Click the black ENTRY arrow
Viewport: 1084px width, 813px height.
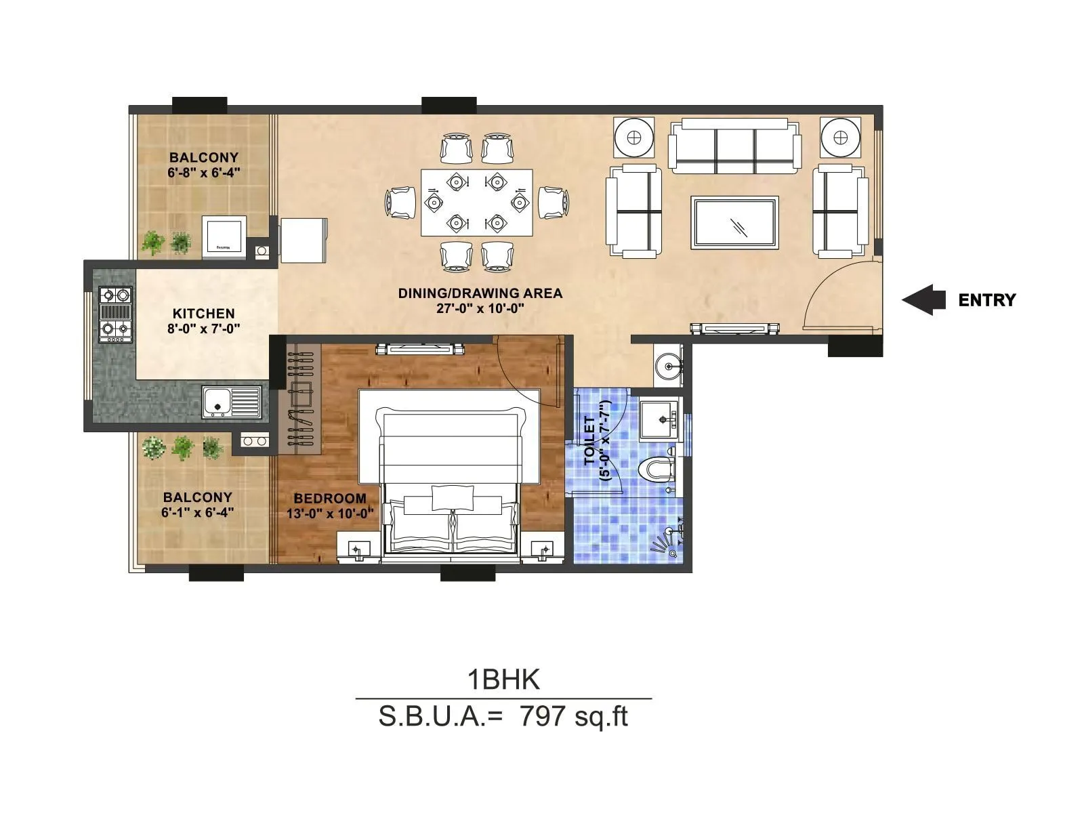[923, 299]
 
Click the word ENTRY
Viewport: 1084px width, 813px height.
[986, 300]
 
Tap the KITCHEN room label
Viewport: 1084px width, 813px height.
[203, 314]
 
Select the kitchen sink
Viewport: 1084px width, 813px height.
[231, 402]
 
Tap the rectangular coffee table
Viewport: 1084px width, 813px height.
[734, 222]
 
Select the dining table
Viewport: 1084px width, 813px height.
[476, 203]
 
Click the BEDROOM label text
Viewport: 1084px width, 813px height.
[330, 499]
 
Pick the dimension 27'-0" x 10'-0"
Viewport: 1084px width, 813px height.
[480, 308]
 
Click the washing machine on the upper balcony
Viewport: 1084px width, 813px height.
[224, 237]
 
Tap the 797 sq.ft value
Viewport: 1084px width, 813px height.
[573, 716]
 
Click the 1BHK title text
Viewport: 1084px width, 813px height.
[503, 680]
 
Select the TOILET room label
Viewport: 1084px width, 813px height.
[589, 440]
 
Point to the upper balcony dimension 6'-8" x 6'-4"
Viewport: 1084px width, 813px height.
[204, 172]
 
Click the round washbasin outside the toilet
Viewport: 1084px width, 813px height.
[669, 367]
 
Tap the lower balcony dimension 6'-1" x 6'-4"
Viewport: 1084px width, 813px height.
[197, 512]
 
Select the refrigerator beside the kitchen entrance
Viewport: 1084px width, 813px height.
[303, 240]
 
